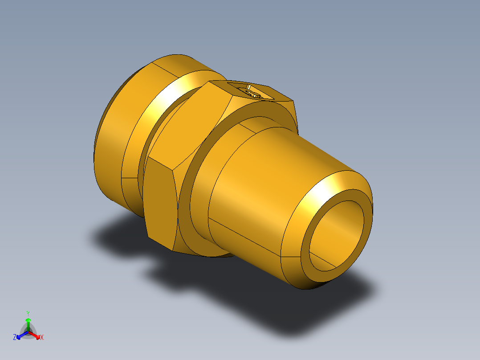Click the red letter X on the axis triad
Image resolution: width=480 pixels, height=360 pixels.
click(42, 338)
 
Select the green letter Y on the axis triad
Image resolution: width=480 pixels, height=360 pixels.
click(28, 313)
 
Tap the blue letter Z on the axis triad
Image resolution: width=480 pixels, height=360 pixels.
click(15, 338)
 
